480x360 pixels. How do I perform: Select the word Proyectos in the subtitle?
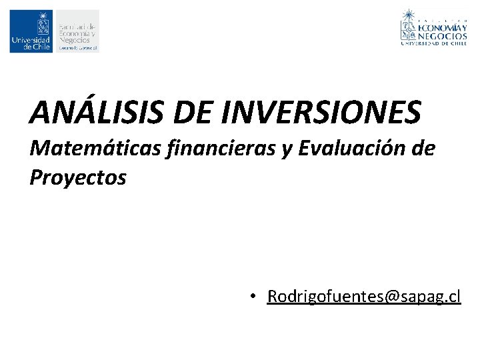pos(78,178)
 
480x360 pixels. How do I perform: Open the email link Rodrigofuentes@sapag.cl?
pos(364,296)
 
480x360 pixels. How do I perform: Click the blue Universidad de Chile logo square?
pos(31,31)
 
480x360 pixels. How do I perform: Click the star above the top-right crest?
pos(409,13)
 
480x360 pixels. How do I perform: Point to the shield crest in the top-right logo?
pos(409,30)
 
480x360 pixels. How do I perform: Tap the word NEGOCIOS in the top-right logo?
pos(443,36)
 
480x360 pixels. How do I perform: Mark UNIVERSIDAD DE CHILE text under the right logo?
pos(433,45)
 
